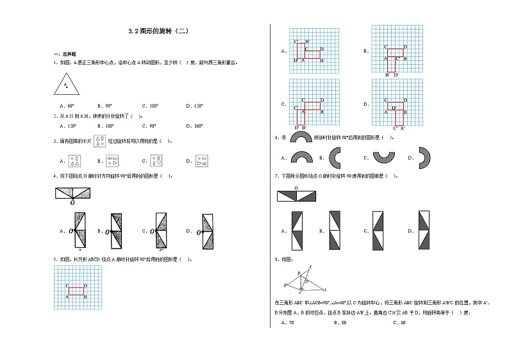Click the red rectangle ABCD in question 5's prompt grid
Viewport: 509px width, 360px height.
(76, 291)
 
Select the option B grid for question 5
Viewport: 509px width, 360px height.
(397, 50)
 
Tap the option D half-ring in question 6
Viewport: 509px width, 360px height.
(424, 158)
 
